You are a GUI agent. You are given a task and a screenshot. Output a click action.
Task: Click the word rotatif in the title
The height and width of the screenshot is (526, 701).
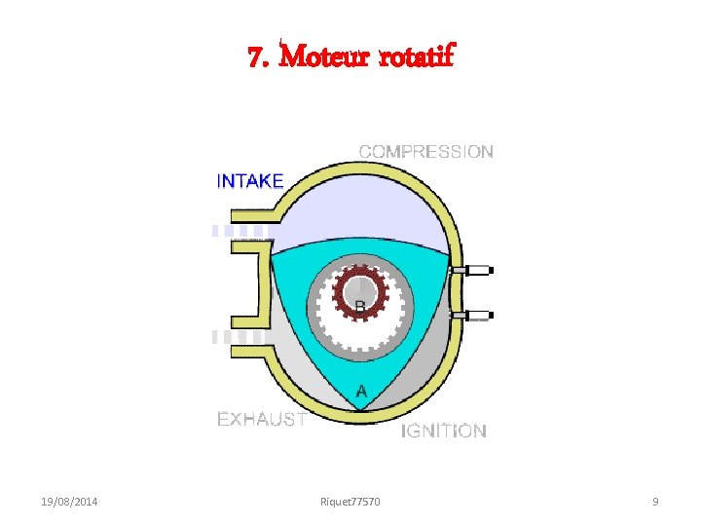click(415, 57)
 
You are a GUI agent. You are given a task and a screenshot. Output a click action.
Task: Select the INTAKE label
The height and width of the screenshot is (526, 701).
click(250, 181)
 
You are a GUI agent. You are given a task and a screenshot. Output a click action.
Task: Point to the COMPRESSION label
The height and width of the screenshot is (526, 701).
click(426, 152)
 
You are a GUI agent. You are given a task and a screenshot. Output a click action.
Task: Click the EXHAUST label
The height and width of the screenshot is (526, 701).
click(261, 420)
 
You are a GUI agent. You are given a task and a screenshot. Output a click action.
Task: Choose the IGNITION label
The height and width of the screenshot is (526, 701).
click(444, 431)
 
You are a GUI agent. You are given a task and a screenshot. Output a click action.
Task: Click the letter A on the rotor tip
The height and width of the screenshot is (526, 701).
click(361, 392)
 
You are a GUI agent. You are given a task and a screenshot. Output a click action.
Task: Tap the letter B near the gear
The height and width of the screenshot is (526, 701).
click(359, 308)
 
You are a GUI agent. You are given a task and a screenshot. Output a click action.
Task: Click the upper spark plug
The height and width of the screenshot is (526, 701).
click(474, 269)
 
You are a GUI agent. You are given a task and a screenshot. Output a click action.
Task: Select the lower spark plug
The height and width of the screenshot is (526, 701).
click(474, 316)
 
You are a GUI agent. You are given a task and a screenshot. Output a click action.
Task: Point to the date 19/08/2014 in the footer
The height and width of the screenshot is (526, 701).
click(76, 502)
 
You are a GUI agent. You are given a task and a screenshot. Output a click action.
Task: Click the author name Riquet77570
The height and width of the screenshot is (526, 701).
click(350, 502)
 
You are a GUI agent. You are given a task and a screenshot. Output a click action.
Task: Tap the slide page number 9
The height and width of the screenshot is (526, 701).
click(655, 502)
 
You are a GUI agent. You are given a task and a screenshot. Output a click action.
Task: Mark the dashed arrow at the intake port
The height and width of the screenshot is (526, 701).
click(240, 231)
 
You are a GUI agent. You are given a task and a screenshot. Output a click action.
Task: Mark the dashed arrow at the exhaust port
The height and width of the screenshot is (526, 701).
click(240, 336)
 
